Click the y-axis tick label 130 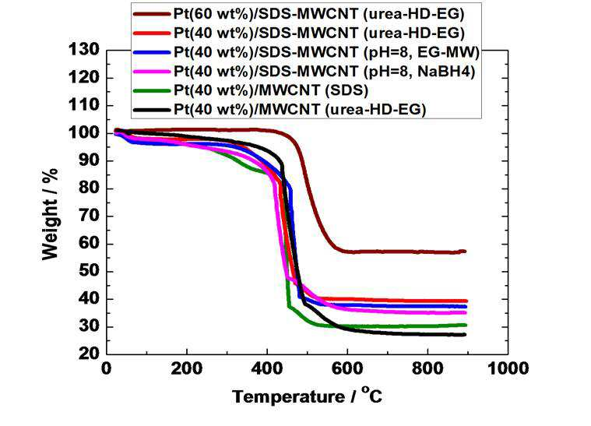click(x=83, y=49)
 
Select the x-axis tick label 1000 click(x=508, y=368)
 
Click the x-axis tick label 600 click(x=347, y=368)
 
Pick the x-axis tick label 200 click(x=187, y=368)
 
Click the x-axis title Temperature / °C click(x=308, y=396)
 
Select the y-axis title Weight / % click(x=50, y=214)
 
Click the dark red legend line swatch click(x=152, y=14)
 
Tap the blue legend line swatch click(x=152, y=52)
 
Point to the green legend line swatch click(x=152, y=90)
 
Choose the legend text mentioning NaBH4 click(x=324, y=71)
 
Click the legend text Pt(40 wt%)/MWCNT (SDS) click(x=271, y=90)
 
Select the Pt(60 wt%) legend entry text click(x=319, y=14)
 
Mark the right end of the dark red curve click(x=465, y=251)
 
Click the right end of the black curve click(x=465, y=335)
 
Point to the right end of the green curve click(x=466, y=325)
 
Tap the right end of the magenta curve click(x=466, y=312)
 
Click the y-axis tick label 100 click(x=83, y=133)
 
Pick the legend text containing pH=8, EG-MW click(x=326, y=52)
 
